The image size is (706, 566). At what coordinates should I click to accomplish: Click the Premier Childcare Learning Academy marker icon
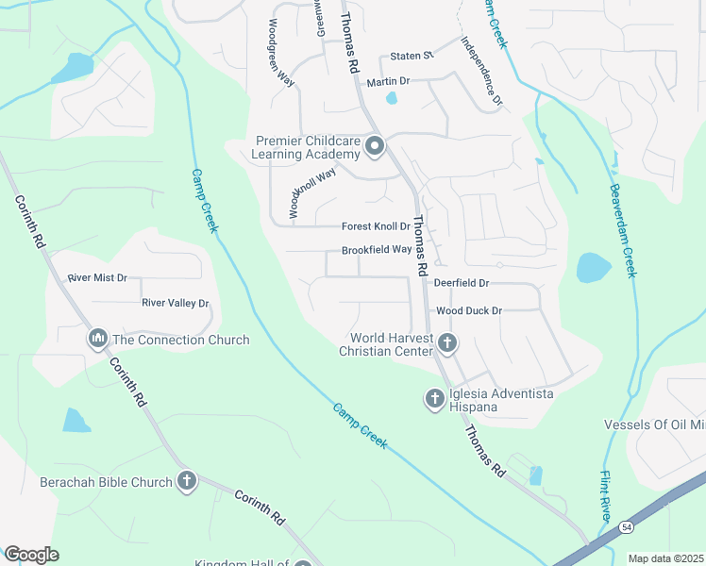(x=375, y=146)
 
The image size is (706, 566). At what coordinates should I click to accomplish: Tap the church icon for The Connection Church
(x=98, y=340)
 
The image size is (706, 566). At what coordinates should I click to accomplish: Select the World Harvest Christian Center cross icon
(x=447, y=344)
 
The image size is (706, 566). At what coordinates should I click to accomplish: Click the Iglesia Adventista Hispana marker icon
(x=435, y=399)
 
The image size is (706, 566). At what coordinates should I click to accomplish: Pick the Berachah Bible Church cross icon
(x=187, y=482)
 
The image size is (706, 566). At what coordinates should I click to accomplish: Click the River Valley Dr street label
(x=175, y=303)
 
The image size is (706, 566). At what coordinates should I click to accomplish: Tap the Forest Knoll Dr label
(x=376, y=226)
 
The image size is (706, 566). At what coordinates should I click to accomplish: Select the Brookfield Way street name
(x=377, y=250)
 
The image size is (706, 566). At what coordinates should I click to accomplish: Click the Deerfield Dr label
(x=462, y=283)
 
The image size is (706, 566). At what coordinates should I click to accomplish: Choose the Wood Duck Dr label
(x=468, y=310)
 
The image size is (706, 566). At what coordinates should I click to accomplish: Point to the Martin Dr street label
(x=388, y=82)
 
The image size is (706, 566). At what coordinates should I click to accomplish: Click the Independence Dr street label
(x=482, y=70)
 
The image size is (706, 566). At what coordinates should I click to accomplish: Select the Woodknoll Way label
(x=312, y=193)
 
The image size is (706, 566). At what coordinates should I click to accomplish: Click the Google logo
(x=31, y=555)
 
